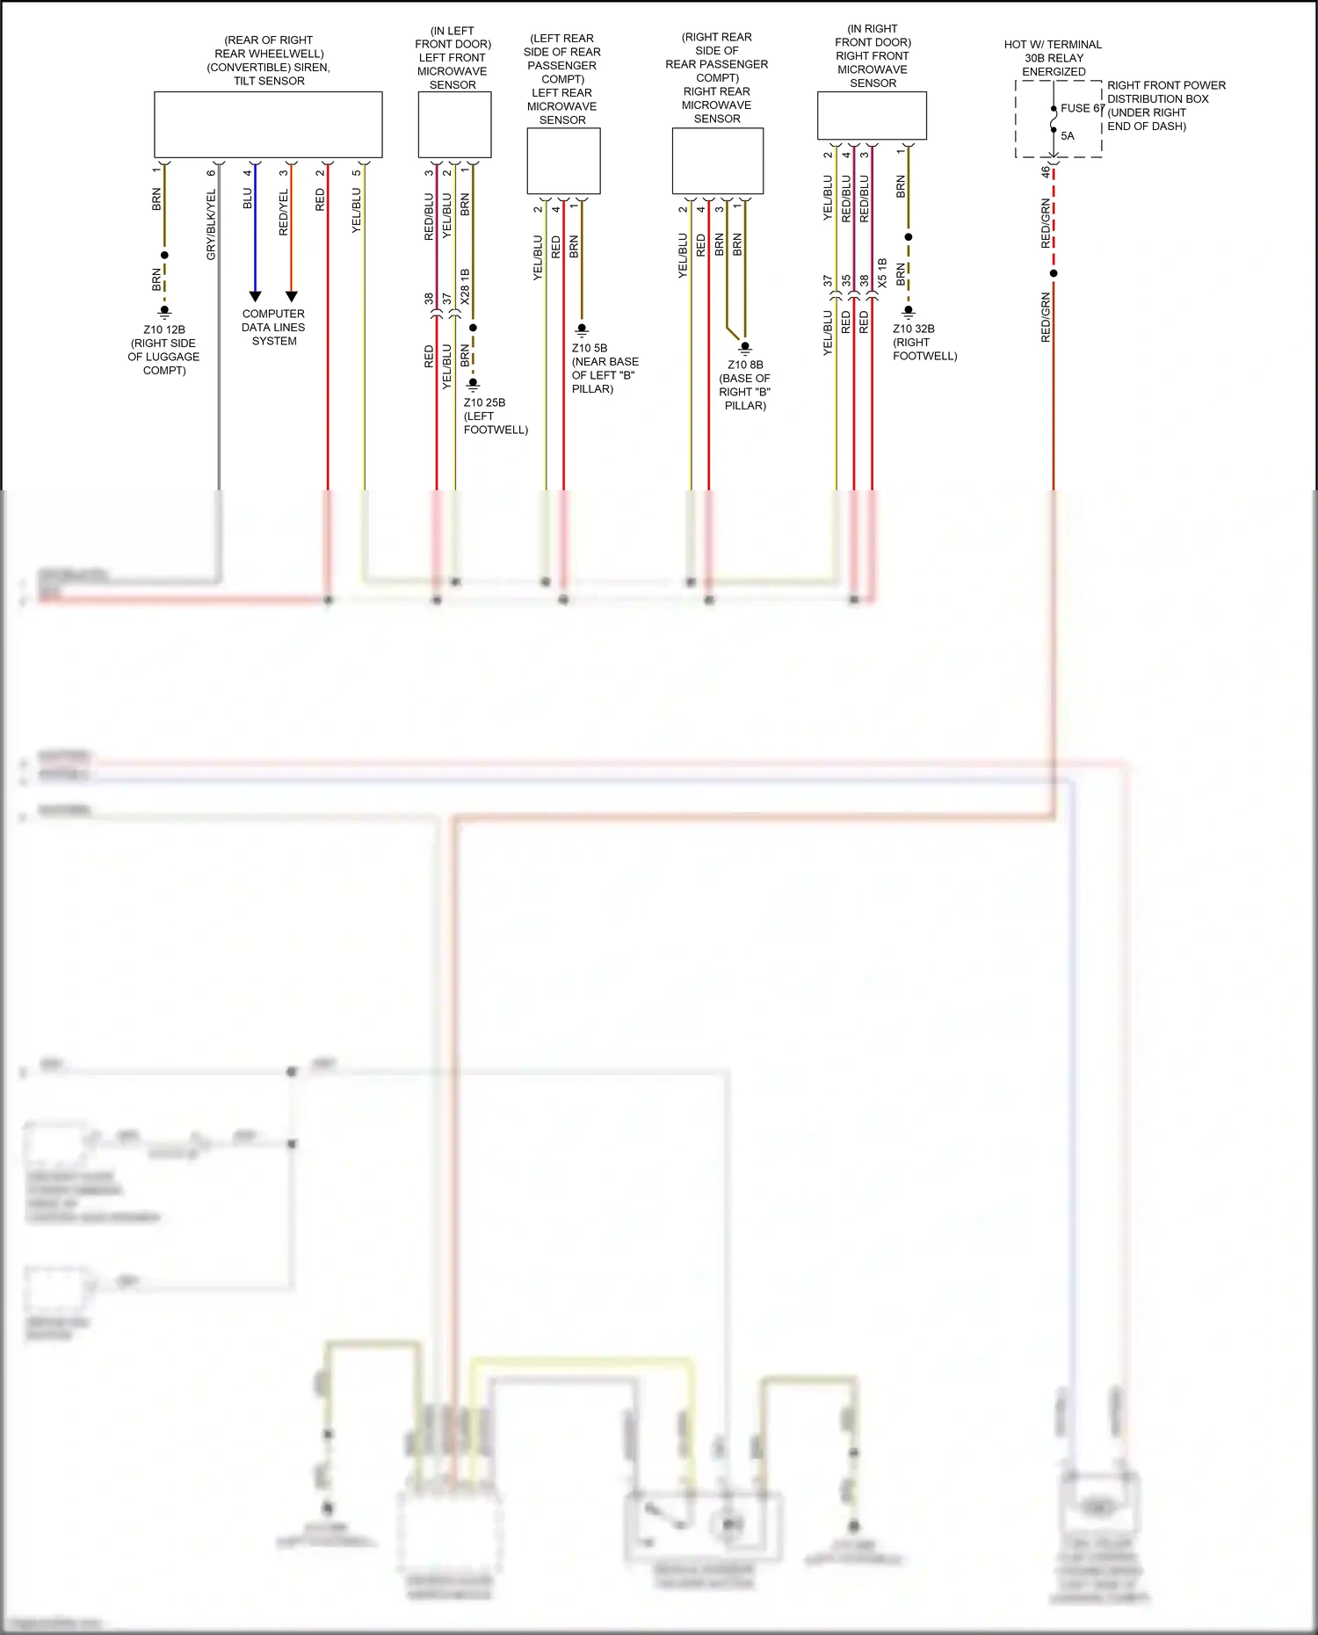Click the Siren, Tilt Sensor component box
coord(268,124)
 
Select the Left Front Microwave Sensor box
coord(453,124)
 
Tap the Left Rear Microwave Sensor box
coord(563,161)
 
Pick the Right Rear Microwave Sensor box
coord(717,161)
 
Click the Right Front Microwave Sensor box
coord(872,115)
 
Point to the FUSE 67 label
coord(1082,108)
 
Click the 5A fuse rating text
coord(1068,136)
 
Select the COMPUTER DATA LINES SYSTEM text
coord(273,327)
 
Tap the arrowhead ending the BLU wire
coord(255,296)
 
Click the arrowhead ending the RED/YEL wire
coord(292,296)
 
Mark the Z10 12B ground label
coord(164,330)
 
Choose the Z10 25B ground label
coord(484,402)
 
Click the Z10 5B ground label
coord(590,348)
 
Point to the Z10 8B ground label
coord(745,365)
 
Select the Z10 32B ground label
coord(914,329)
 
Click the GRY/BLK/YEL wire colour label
coord(211,224)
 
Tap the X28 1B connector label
coord(465,286)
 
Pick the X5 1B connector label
coord(882,273)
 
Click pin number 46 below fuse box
coord(1046,172)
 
